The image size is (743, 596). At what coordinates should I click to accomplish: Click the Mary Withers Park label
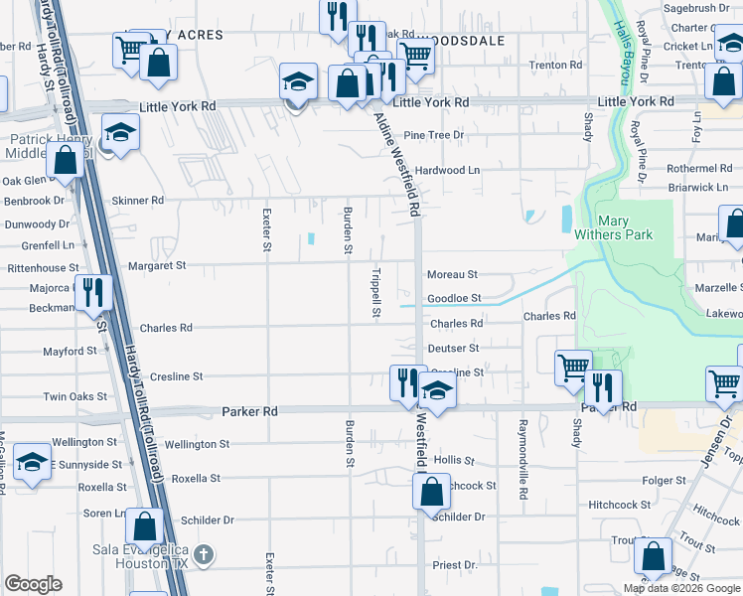tap(627, 227)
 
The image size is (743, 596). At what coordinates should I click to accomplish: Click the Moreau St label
tap(452, 274)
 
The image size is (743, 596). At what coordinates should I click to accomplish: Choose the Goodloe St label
tap(454, 298)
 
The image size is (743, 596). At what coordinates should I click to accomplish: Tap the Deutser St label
tap(453, 349)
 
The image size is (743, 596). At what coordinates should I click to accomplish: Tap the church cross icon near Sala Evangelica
tap(203, 554)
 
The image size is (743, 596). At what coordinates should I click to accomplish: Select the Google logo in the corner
tap(33, 584)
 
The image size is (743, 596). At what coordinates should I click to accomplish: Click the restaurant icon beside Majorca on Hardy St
tap(94, 291)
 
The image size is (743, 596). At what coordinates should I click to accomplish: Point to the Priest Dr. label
tap(455, 565)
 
